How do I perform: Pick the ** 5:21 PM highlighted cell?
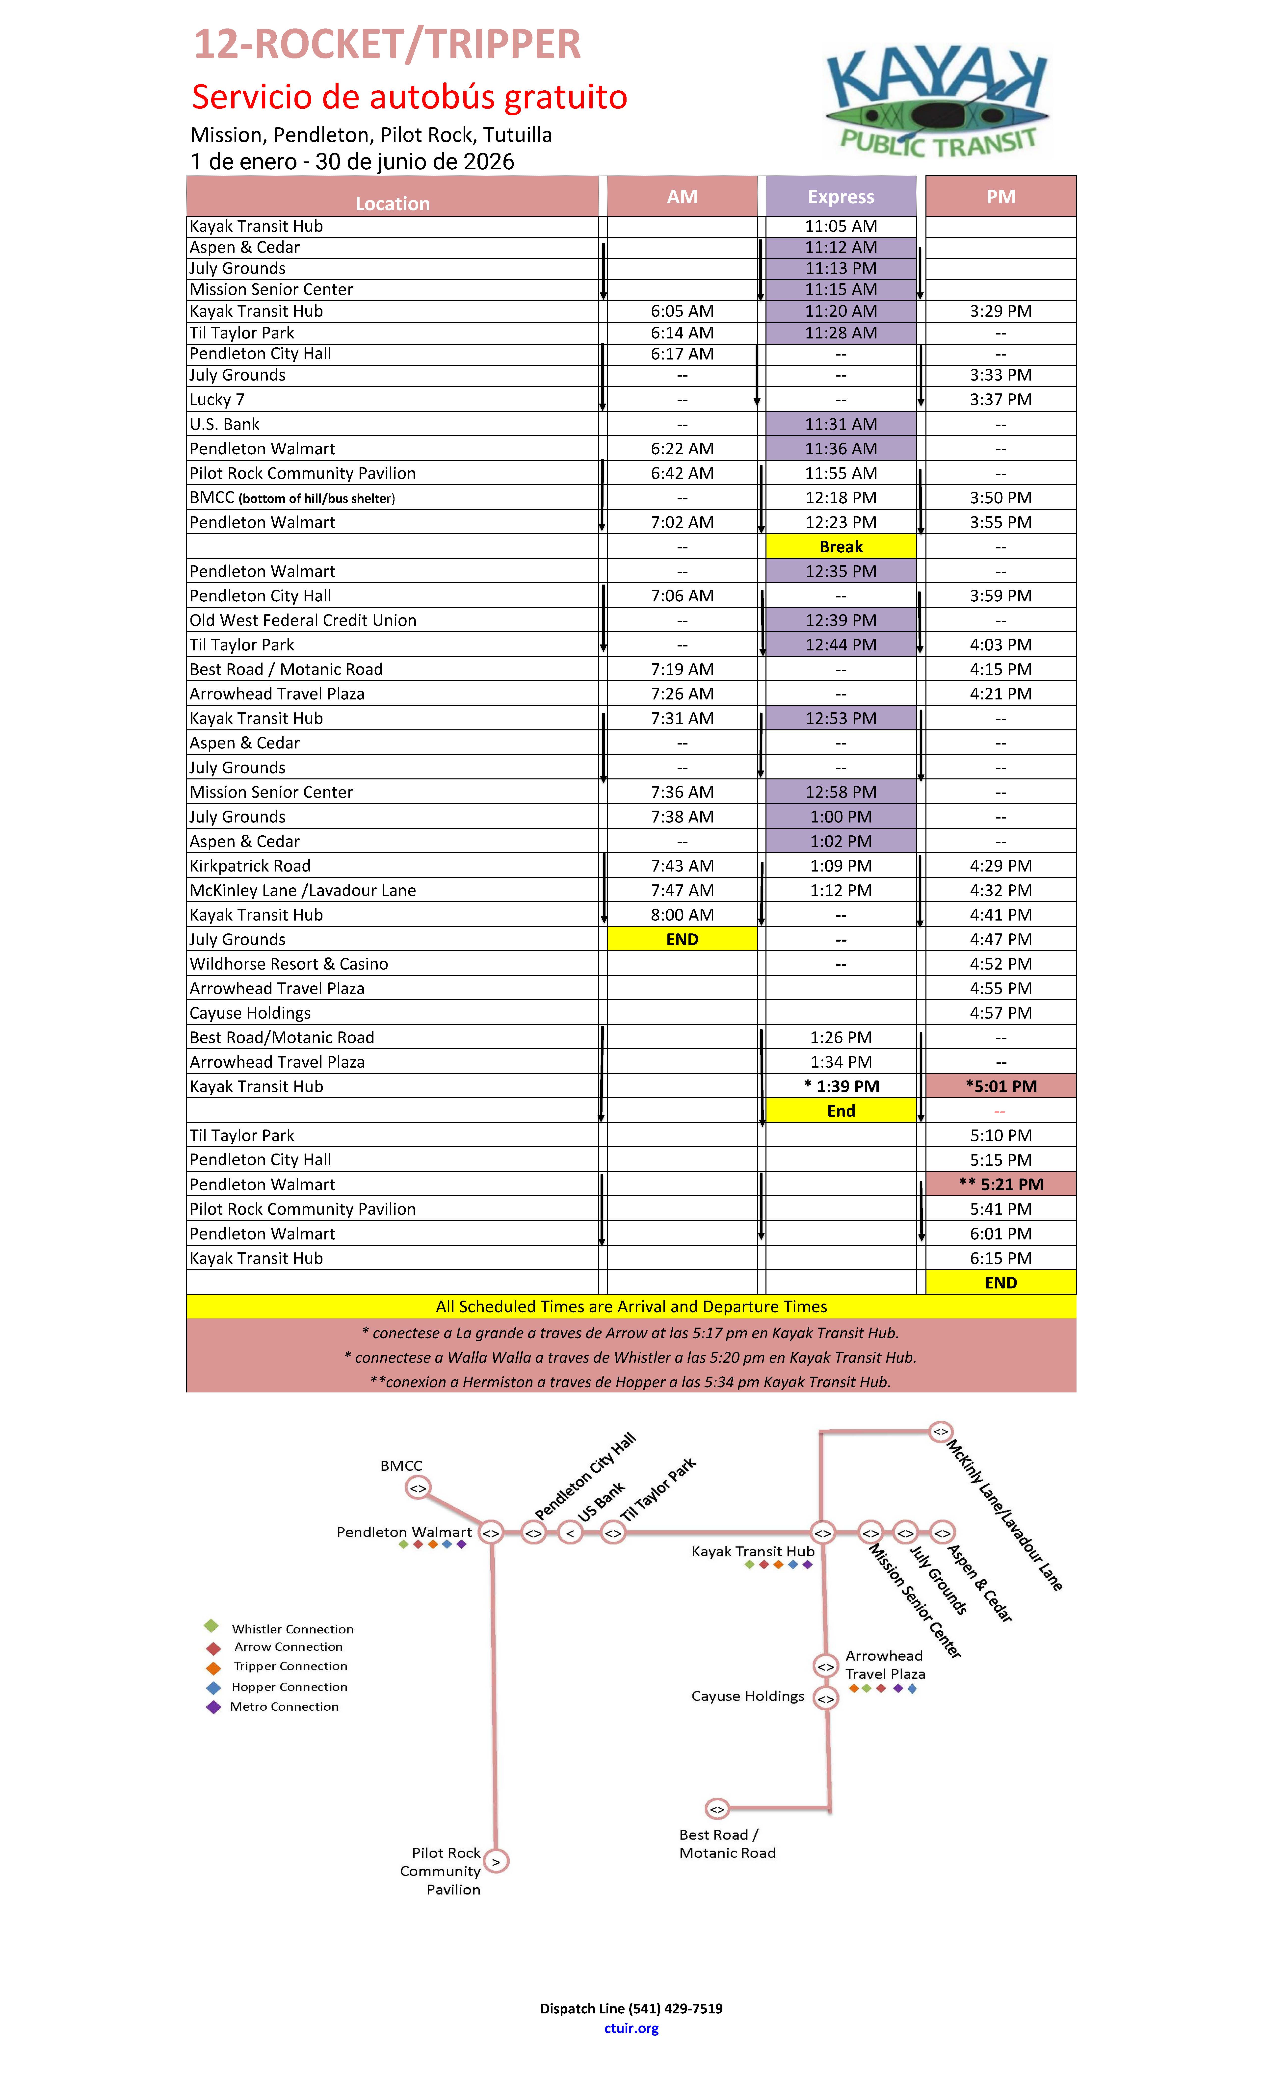[1000, 1183]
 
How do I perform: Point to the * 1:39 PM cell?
[841, 1086]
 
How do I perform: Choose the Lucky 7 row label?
[217, 399]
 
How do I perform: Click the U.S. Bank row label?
[225, 424]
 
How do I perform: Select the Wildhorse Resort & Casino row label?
[289, 963]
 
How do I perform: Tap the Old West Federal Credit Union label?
[303, 620]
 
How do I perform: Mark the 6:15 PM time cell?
[1000, 1258]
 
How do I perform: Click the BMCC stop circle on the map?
[418, 1488]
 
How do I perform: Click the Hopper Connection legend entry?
[289, 1687]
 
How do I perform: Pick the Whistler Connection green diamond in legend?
[211, 1626]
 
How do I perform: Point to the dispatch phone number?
[675, 2008]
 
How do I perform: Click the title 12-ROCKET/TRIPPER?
[388, 45]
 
